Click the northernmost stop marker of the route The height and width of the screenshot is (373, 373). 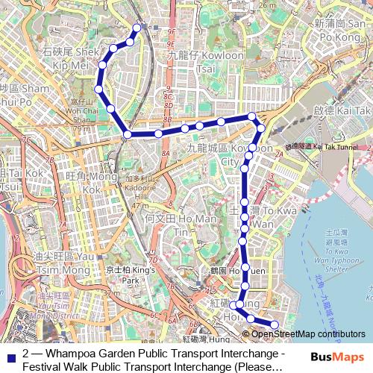(x=137, y=28)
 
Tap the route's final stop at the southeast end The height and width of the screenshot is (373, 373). (x=274, y=325)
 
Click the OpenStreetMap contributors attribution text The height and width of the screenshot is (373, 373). (x=308, y=333)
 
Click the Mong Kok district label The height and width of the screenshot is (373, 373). (x=83, y=183)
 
